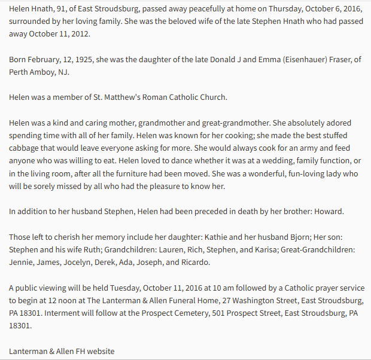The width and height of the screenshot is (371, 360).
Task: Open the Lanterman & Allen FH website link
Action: (62, 350)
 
